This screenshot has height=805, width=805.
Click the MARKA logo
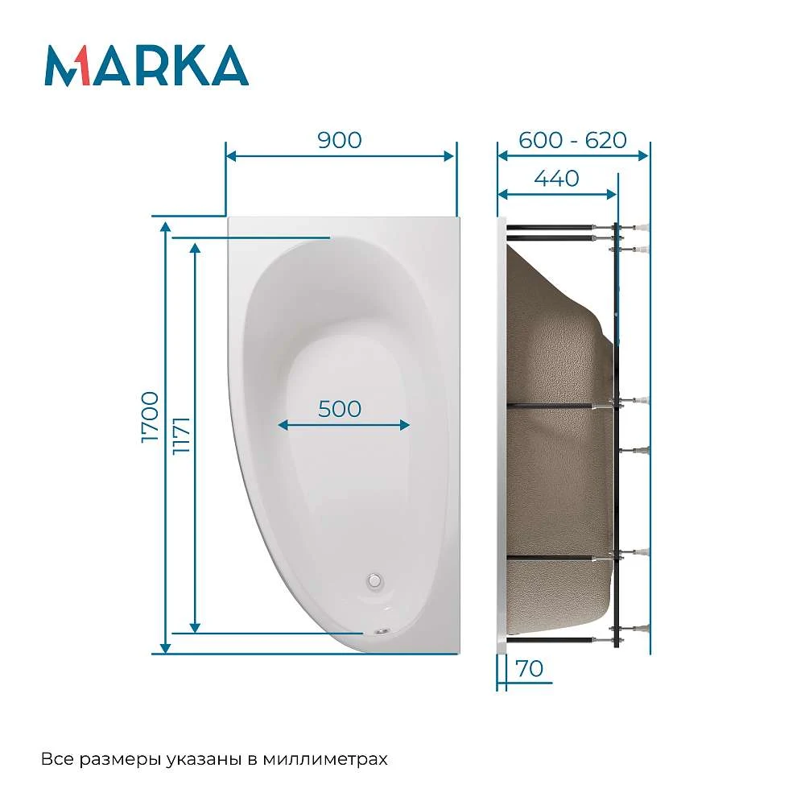click(147, 65)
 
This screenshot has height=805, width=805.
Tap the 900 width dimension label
click(340, 140)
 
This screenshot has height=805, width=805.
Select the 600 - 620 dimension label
click(572, 140)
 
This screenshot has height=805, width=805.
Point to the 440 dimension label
click(556, 179)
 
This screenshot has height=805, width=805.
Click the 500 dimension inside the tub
click(340, 409)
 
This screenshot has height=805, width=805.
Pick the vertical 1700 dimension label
click(150, 417)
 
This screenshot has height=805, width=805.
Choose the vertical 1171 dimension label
click(182, 435)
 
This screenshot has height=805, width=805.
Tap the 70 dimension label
click(530, 669)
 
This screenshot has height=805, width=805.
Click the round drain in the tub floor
click(375, 580)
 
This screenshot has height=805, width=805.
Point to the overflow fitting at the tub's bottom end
click(382, 631)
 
